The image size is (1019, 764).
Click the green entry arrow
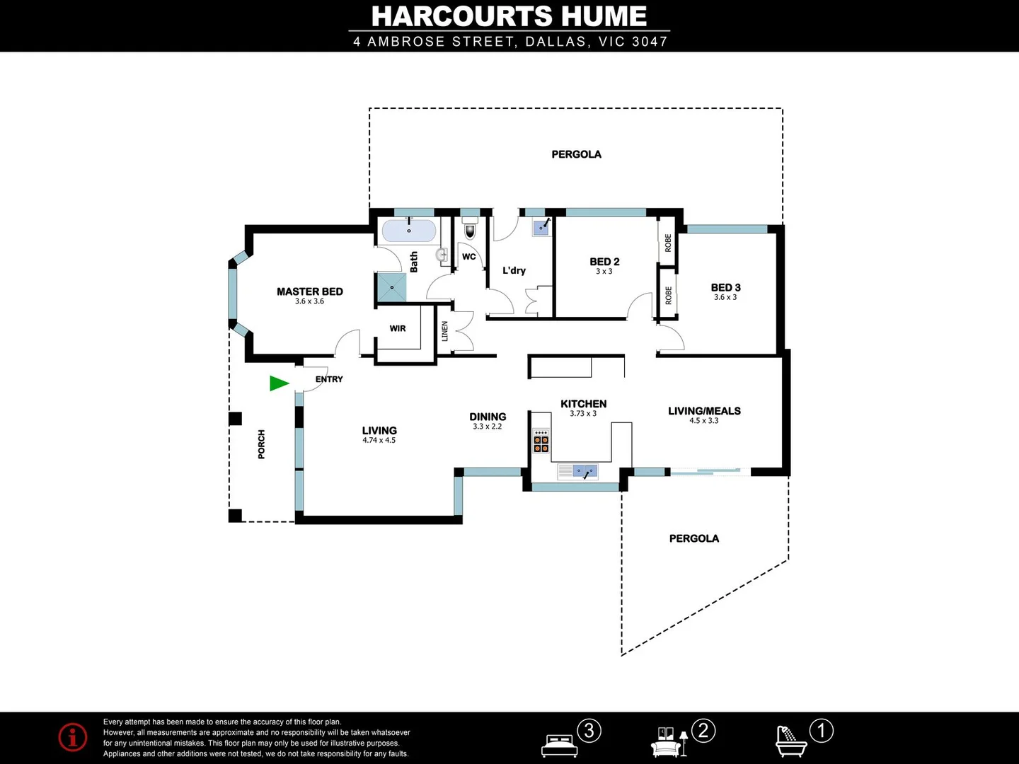pyautogui.click(x=279, y=383)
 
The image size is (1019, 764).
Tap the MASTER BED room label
pyautogui.click(x=309, y=291)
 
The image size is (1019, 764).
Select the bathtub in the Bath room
pyautogui.click(x=409, y=231)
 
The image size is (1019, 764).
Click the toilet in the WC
pyautogui.click(x=470, y=231)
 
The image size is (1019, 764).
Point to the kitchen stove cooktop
pyautogui.click(x=541, y=441)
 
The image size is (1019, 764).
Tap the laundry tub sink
pyautogui.click(x=541, y=226)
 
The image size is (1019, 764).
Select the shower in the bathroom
pyautogui.click(x=391, y=288)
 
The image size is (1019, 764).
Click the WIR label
pyautogui.click(x=398, y=328)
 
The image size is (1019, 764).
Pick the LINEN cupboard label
pyautogui.click(x=445, y=331)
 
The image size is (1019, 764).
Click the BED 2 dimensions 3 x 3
pyautogui.click(x=604, y=272)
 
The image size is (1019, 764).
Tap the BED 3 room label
pyautogui.click(x=725, y=287)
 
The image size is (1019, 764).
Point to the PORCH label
pyautogui.click(x=262, y=444)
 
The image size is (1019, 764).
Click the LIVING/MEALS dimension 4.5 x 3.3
pyautogui.click(x=704, y=421)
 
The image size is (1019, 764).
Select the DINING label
pyautogui.click(x=488, y=417)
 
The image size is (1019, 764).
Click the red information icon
pyautogui.click(x=73, y=737)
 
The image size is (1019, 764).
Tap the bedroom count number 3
pyautogui.click(x=589, y=730)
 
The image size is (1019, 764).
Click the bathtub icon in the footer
pyautogui.click(x=790, y=741)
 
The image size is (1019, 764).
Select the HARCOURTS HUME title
pyautogui.click(x=509, y=16)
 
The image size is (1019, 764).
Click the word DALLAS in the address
pyautogui.click(x=555, y=42)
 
